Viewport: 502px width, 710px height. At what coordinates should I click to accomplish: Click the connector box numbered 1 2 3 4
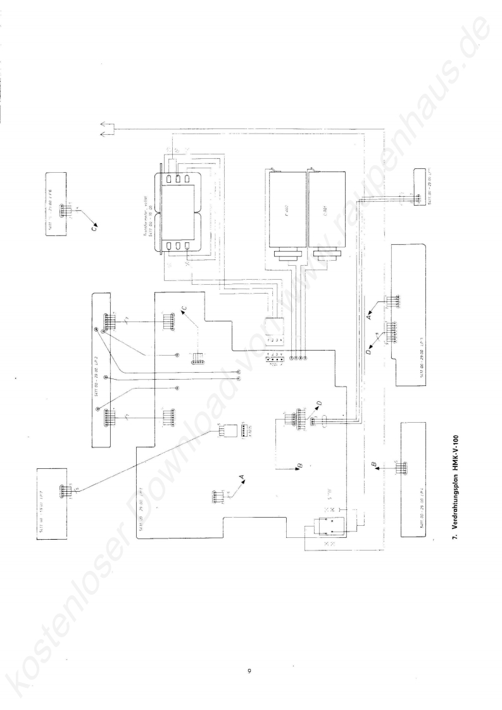point(273,330)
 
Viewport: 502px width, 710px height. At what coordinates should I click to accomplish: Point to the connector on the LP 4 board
point(399,468)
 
